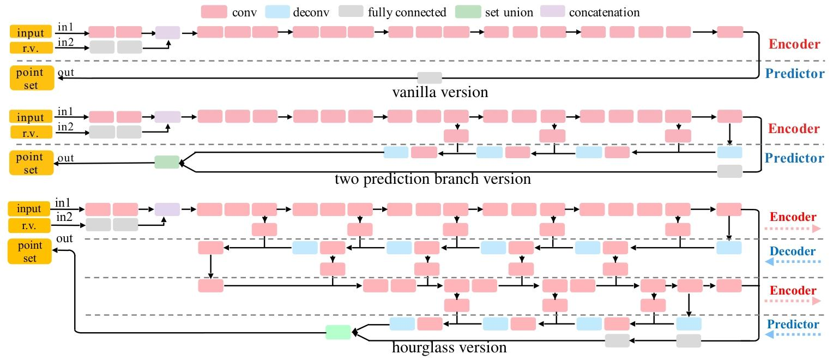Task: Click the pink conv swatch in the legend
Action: click(x=214, y=11)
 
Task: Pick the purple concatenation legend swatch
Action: click(x=552, y=11)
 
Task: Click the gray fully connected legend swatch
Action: click(x=352, y=11)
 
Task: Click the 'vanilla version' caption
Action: click(x=440, y=92)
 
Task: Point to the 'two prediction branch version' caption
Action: click(x=433, y=178)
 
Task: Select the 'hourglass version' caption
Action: click(x=449, y=347)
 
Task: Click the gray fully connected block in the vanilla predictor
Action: click(x=430, y=77)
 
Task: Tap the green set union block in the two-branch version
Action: click(x=167, y=161)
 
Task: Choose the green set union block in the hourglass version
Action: click(x=338, y=332)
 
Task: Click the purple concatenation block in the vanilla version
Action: click(x=167, y=32)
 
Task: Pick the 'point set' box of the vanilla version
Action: click(x=31, y=78)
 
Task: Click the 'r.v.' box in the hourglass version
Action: click(x=30, y=225)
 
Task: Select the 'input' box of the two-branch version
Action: click(x=31, y=117)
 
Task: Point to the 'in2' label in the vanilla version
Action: click(x=65, y=43)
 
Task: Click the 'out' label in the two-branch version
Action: click(x=65, y=159)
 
